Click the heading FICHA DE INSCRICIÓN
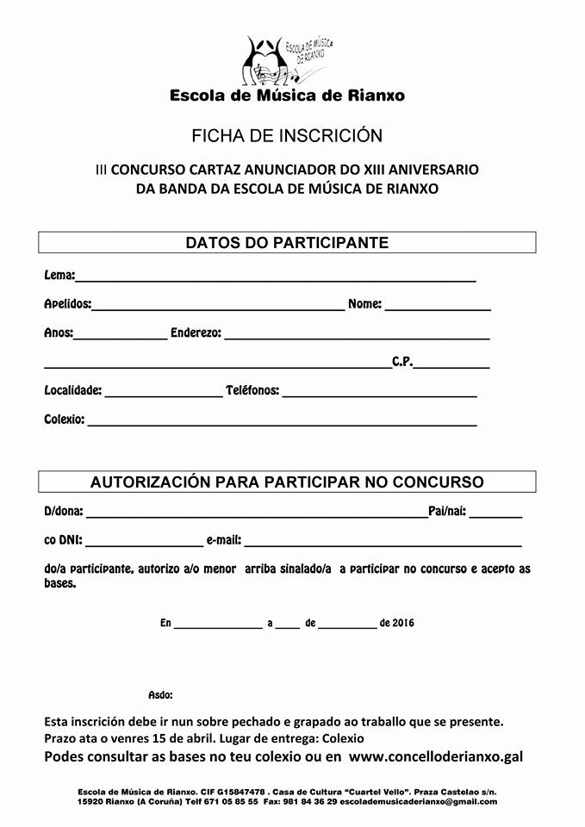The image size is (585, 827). (287, 136)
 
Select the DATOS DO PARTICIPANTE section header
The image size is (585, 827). (287, 243)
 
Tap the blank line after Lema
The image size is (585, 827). (276, 278)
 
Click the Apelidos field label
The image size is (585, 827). (67, 304)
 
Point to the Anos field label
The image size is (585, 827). (58, 333)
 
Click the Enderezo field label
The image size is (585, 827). (196, 333)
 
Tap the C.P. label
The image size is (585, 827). (402, 362)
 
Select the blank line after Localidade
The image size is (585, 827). (163, 394)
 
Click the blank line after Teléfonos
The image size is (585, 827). (379, 394)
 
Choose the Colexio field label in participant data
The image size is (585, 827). (65, 420)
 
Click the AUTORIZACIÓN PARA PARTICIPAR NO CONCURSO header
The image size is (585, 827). (287, 482)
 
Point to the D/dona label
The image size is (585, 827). (64, 512)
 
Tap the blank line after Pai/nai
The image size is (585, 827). (495, 514)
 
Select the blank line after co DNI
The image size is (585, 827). (143, 544)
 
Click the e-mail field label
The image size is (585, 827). (224, 541)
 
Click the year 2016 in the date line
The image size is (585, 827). (403, 622)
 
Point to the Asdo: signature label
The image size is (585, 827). (160, 694)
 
